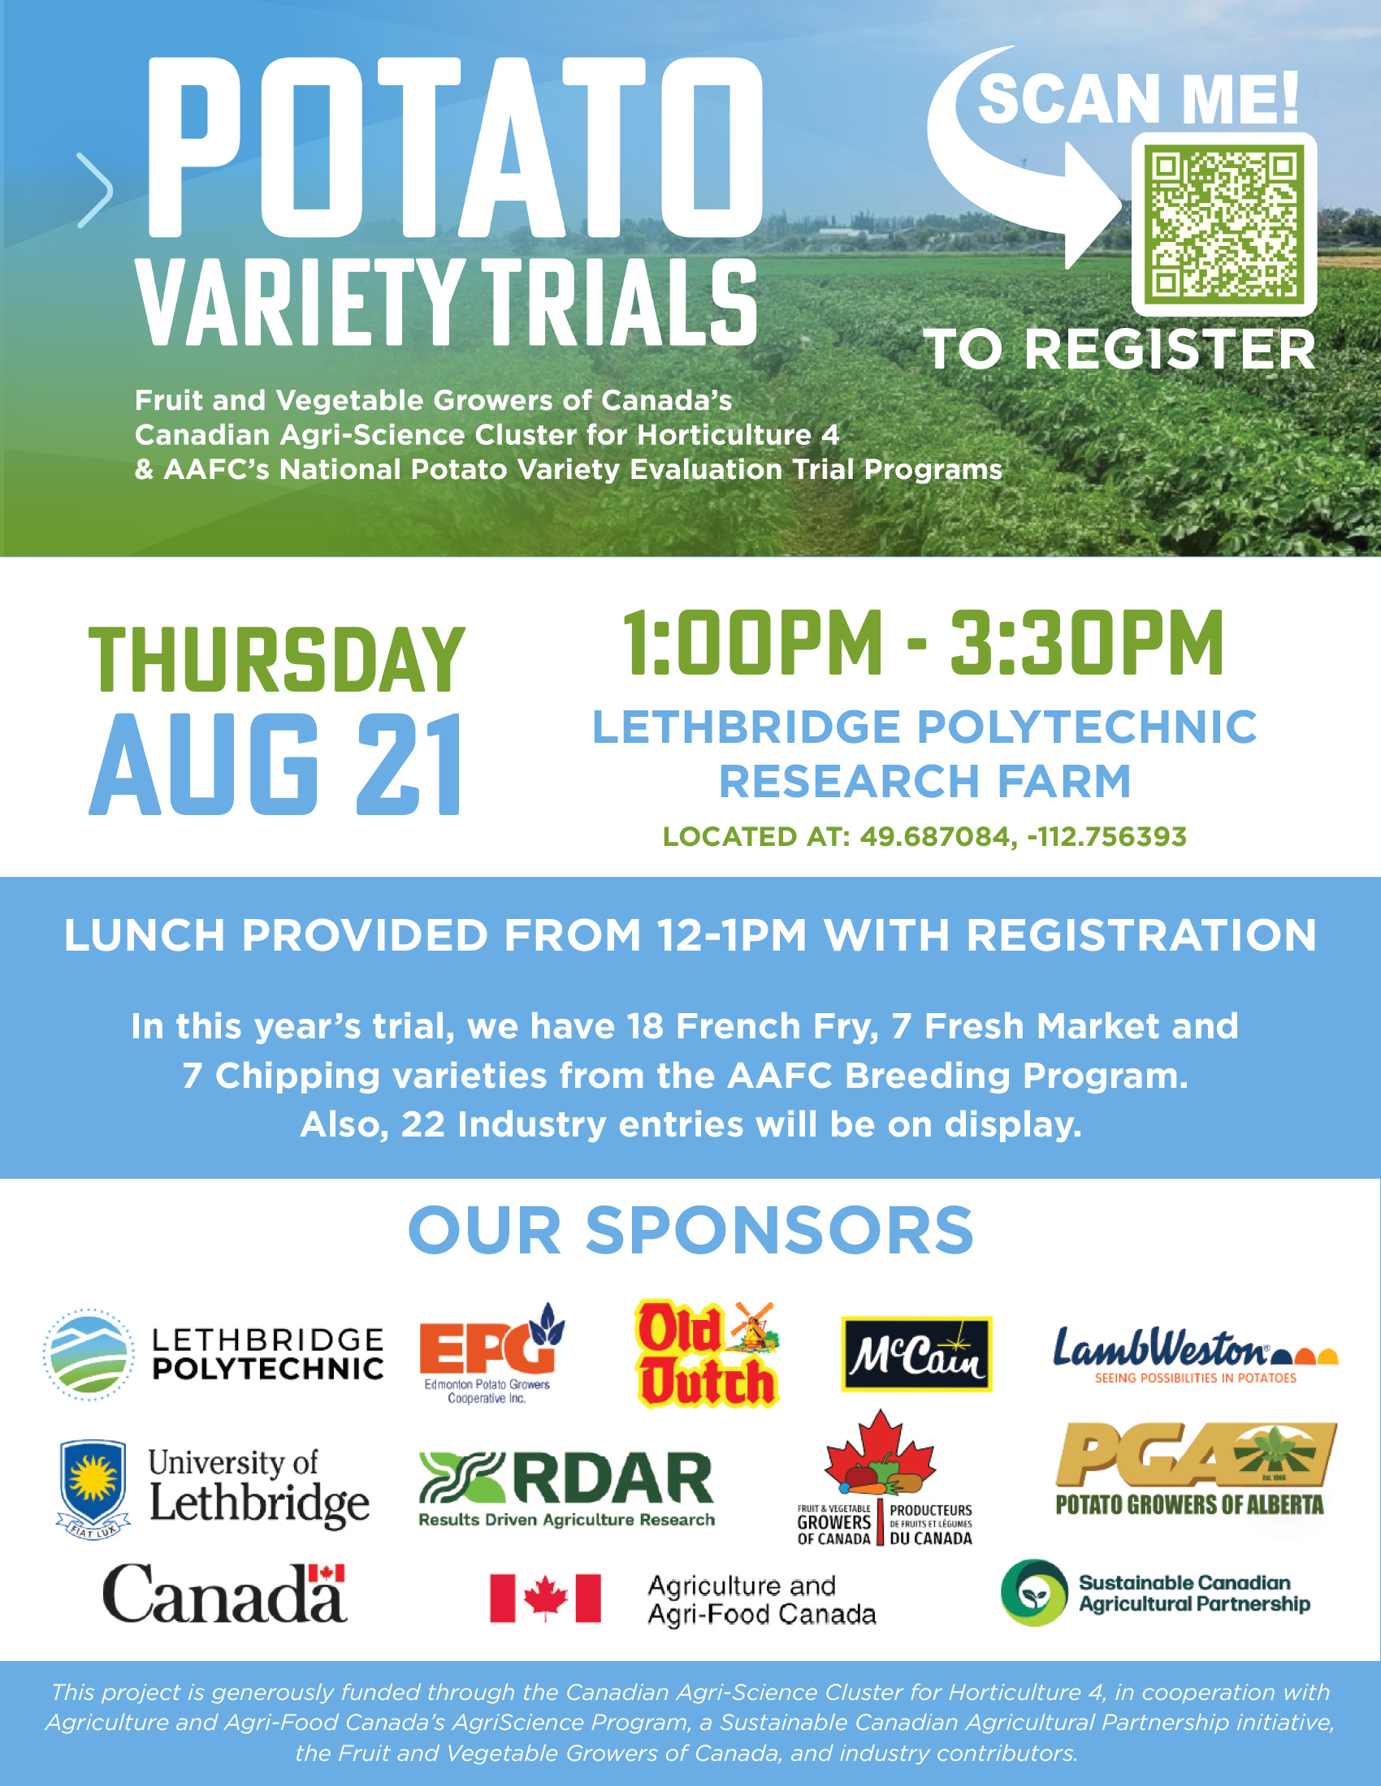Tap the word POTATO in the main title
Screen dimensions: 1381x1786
[455, 147]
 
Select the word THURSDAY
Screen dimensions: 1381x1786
[276, 660]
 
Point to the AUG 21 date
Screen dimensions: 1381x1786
[275, 765]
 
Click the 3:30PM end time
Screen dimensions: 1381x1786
[1086, 644]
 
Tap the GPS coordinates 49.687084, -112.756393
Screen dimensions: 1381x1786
[1023, 836]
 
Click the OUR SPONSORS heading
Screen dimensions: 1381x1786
[690, 1230]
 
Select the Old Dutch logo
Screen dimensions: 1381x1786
[707, 1353]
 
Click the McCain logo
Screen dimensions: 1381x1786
[916, 1353]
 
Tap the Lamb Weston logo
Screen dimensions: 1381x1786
[1195, 1355]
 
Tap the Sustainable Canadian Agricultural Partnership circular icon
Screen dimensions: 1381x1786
[1034, 1592]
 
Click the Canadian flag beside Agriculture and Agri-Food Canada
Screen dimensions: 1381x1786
[545, 1598]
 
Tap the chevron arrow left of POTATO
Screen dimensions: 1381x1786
[97, 190]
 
